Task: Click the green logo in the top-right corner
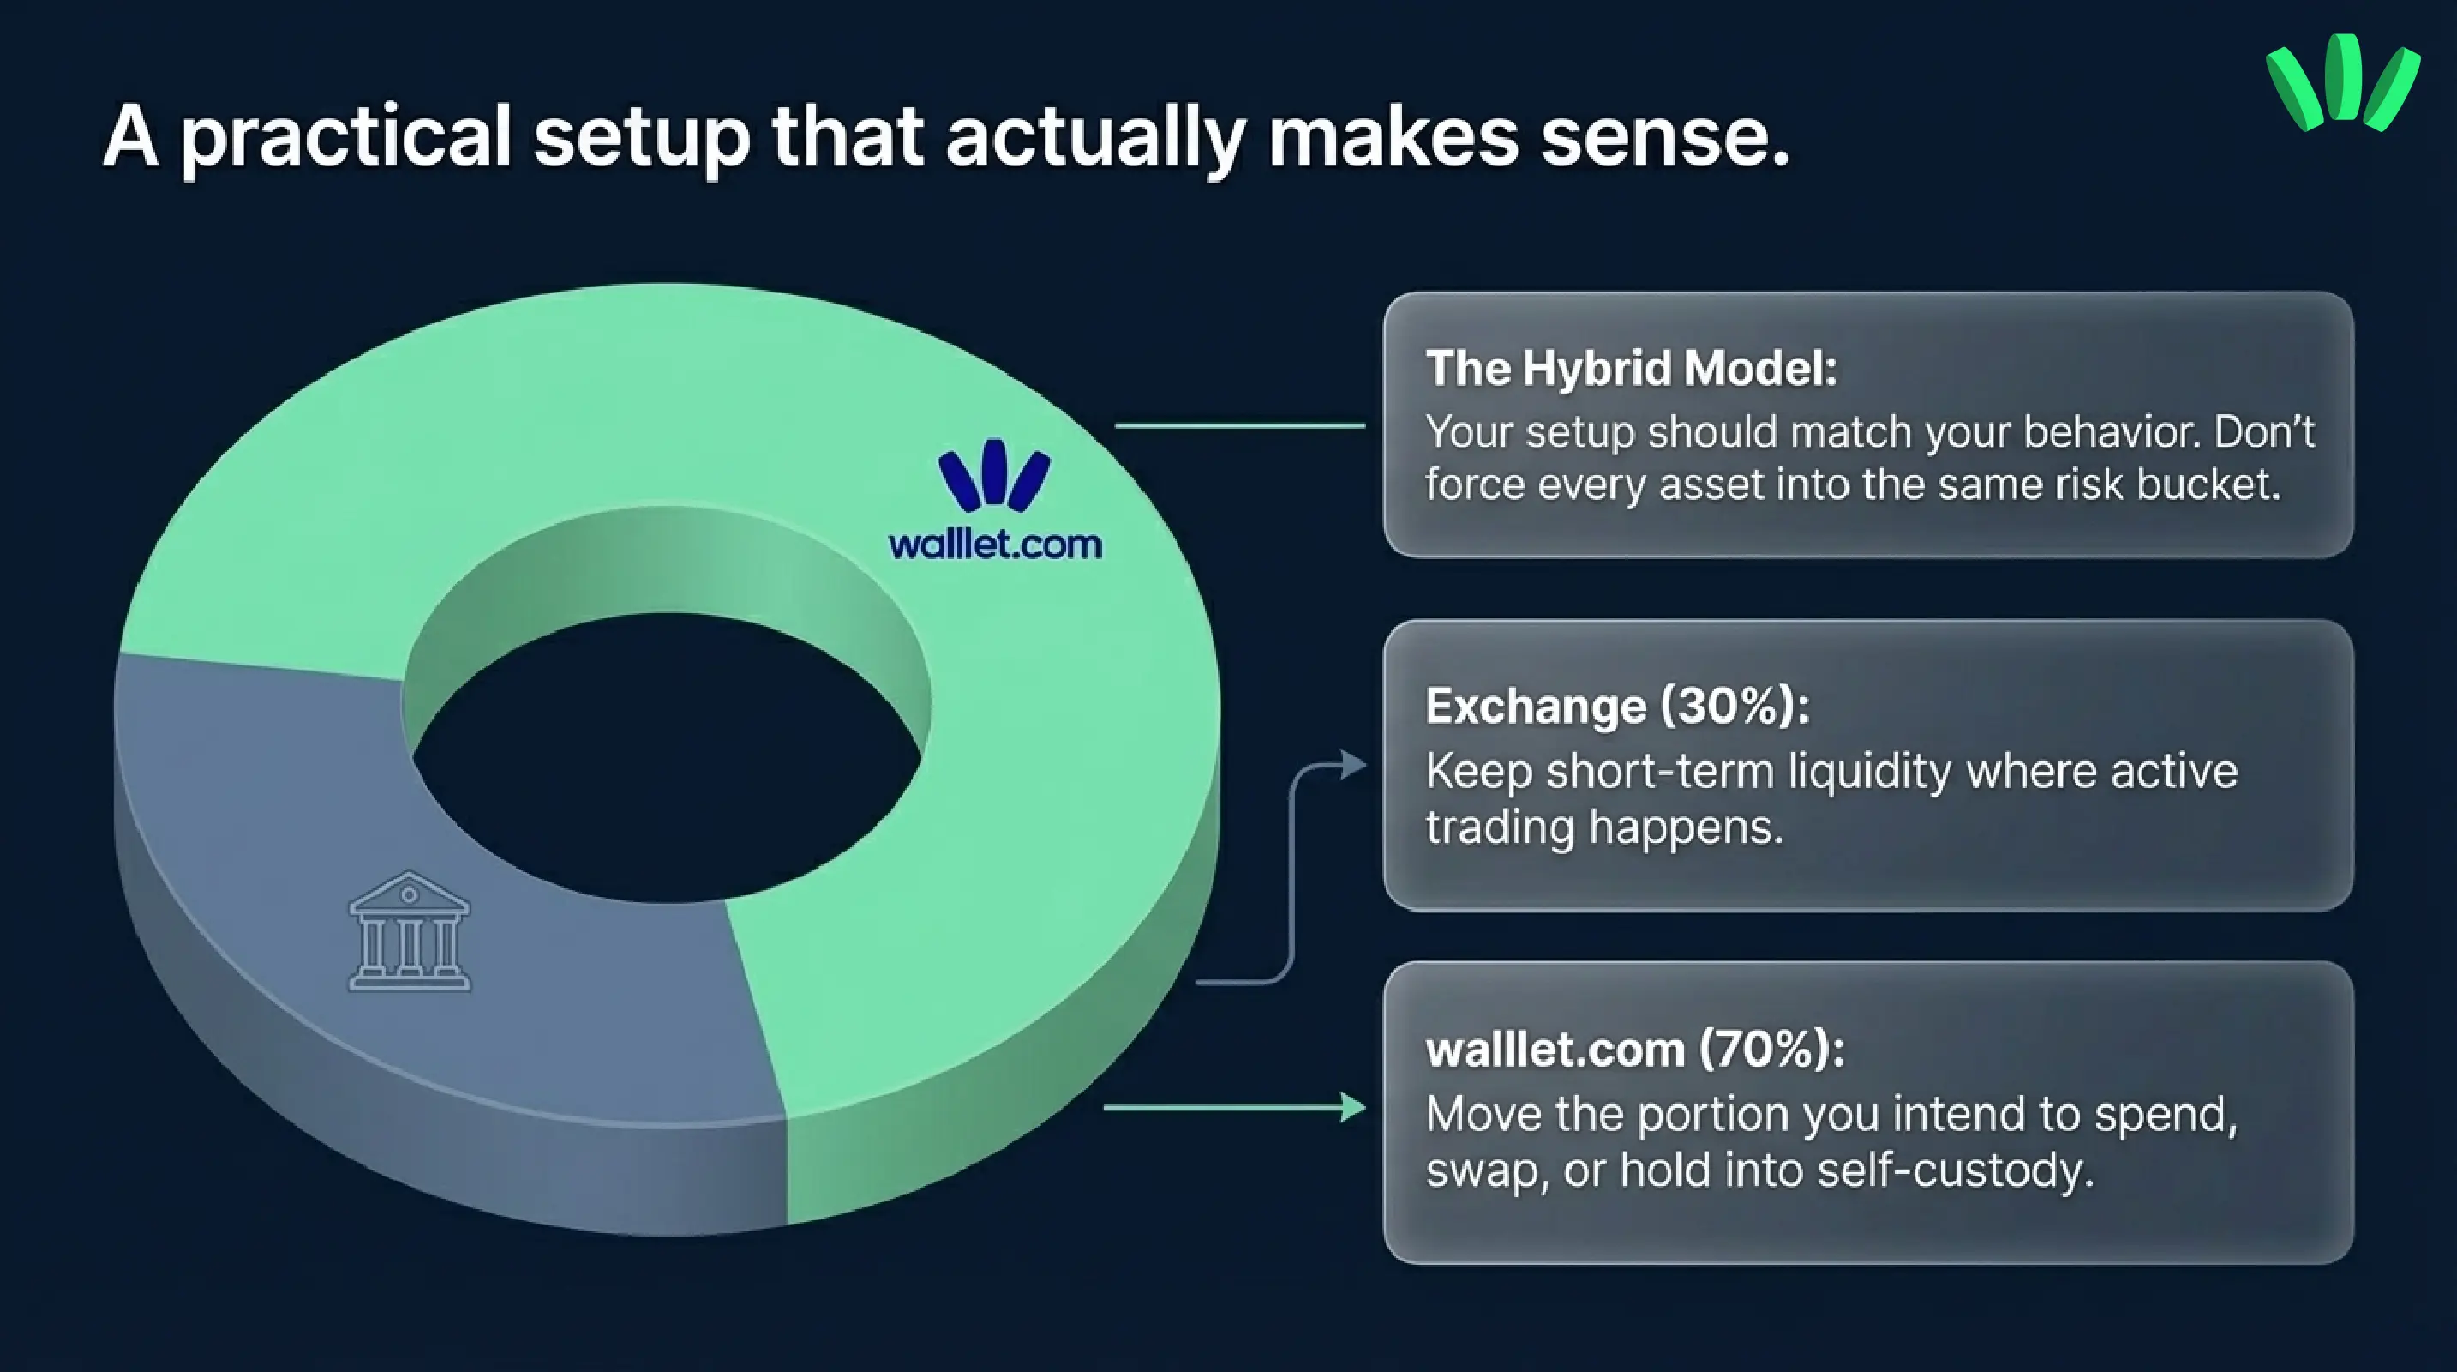click(x=2341, y=84)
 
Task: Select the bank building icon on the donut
click(x=409, y=931)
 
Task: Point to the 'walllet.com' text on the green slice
click(x=994, y=545)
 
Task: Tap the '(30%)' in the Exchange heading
click(x=1734, y=707)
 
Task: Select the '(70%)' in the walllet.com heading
click(x=1771, y=1050)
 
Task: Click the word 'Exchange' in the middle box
click(x=1535, y=707)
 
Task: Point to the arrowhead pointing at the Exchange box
click(x=1353, y=764)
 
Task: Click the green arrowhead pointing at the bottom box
click(x=1353, y=1108)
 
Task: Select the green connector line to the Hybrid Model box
click(x=1239, y=425)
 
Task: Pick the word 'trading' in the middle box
click(x=1498, y=827)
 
